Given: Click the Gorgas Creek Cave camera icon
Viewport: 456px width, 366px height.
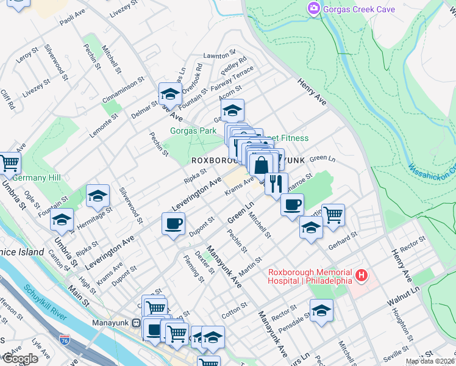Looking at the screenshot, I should (x=314, y=9).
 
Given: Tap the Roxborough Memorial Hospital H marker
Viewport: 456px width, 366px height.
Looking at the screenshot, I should (x=362, y=276).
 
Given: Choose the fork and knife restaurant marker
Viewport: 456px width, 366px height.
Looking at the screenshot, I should (x=276, y=182).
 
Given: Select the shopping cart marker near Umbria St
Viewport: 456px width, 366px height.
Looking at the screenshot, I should (x=10, y=163).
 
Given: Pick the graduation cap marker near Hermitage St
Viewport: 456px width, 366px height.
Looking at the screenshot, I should (x=98, y=196).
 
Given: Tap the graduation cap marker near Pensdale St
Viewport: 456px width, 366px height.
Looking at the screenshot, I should (x=321, y=310).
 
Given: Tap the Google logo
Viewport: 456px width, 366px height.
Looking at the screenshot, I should (x=20, y=359).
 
